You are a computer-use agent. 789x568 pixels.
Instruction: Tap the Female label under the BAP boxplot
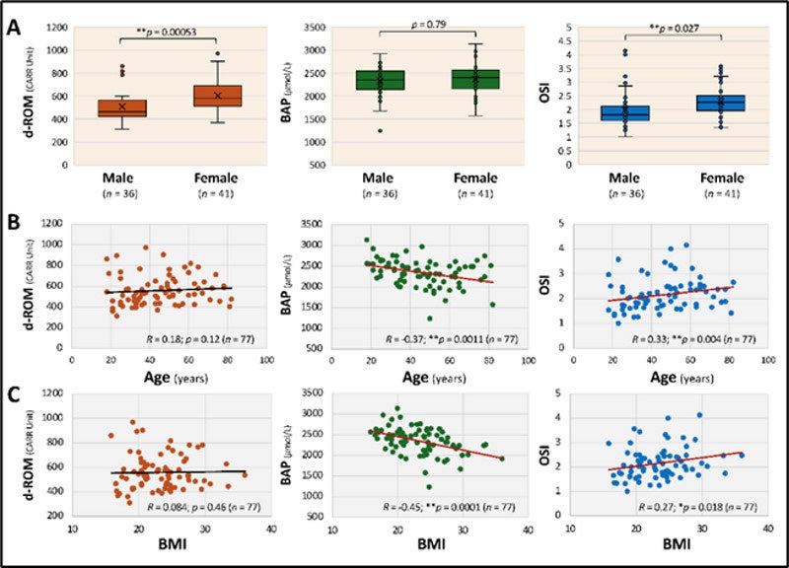pos(469,177)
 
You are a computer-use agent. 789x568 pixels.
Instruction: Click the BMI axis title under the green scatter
pos(428,543)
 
